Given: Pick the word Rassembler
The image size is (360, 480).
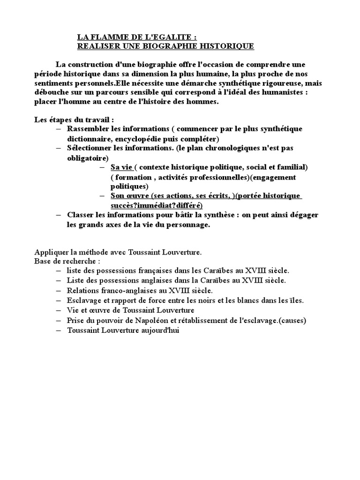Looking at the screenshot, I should [87, 128].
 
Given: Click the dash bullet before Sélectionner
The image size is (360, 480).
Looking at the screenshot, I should [58, 148].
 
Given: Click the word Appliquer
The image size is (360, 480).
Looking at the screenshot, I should [52, 252].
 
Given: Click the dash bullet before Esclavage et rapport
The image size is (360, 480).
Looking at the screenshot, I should [58, 300].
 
